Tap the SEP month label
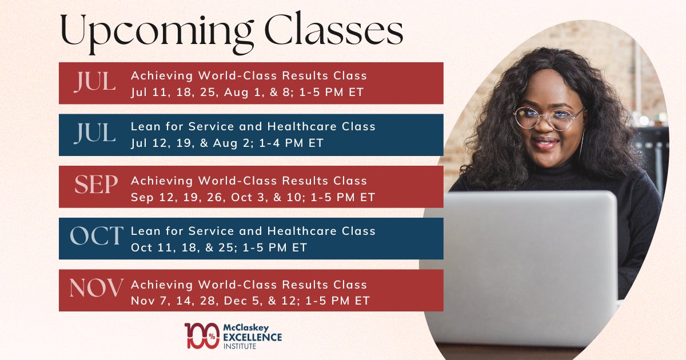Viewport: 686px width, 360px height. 96,185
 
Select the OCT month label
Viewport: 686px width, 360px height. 96,236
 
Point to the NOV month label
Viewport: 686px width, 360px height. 96,289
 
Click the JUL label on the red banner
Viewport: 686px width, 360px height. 95,82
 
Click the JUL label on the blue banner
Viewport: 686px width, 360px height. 95,134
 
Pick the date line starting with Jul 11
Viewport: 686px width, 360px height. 247,92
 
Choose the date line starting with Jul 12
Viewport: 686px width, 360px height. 227,143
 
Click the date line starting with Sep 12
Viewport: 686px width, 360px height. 253,197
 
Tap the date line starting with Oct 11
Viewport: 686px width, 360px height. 219,248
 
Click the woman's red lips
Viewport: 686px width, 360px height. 546,143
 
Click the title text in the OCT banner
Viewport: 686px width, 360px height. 253,231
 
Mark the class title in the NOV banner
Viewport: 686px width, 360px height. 249,284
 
